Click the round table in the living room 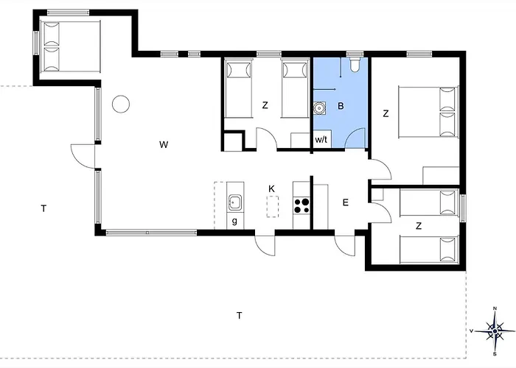(x=121, y=105)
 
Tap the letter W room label (x=164, y=144)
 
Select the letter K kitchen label (x=271, y=189)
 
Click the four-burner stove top (x=301, y=205)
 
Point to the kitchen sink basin (x=235, y=202)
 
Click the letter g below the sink (x=234, y=221)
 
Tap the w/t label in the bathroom (x=321, y=140)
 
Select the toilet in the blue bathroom (x=355, y=65)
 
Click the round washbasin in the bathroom (x=319, y=107)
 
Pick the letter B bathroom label (x=341, y=106)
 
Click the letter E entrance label (x=346, y=202)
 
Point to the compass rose (x=495, y=331)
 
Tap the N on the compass (x=495, y=308)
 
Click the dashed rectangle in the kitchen (x=273, y=207)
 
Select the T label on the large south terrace (x=240, y=316)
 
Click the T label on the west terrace (x=43, y=208)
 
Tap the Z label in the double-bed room (x=386, y=113)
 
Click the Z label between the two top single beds (x=265, y=105)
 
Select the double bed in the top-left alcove (x=70, y=46)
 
